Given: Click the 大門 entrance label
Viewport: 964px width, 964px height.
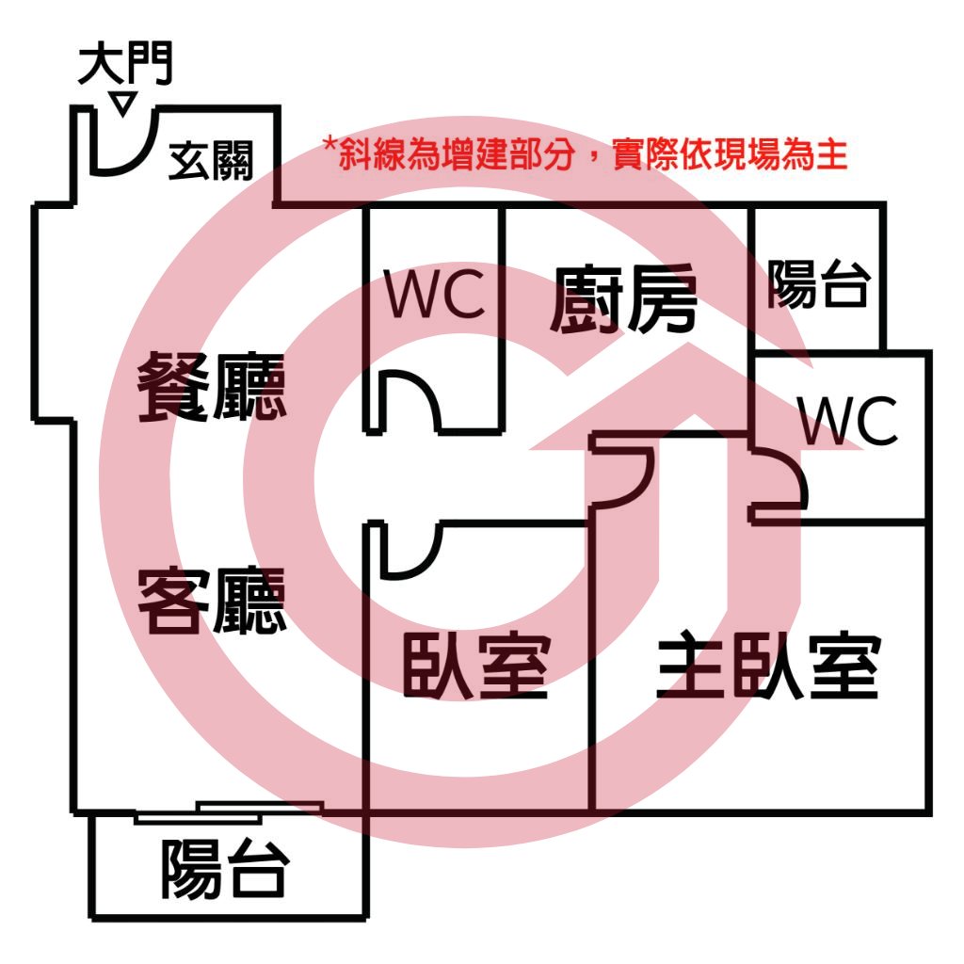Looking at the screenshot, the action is (125, 63).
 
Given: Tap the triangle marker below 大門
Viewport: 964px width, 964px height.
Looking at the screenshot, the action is (123, 104).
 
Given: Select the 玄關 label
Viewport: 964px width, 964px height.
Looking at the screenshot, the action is (211, 160).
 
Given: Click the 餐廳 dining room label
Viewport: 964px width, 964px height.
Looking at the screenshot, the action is (212, 387).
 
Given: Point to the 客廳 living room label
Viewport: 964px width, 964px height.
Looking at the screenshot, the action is (212, 601).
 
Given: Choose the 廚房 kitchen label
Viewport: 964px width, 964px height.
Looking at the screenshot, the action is (623, 299).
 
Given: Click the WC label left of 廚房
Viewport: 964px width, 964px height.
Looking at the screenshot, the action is (435, 294).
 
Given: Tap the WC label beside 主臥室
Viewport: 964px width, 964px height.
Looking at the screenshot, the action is (848, 421).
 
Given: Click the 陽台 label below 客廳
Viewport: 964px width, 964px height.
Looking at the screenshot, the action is (225, 869).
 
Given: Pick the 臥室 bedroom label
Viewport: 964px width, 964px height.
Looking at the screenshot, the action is (475, 667).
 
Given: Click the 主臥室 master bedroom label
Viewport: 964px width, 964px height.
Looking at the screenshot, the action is (768, 666).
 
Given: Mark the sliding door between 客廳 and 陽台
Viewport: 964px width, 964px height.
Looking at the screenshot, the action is (229, 811).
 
